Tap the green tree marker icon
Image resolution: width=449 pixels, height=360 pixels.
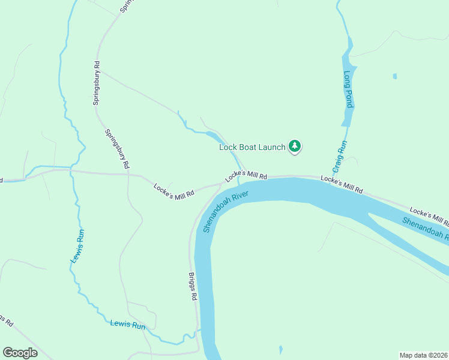pos(295,146)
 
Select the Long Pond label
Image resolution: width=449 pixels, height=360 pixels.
pos(348,90)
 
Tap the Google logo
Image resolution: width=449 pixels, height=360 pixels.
pos(20,353)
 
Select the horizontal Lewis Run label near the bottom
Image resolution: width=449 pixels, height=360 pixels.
pos(128,325)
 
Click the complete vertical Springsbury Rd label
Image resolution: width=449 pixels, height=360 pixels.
pos(96,83)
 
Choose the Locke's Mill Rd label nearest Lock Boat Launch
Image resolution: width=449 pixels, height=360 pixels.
pos(246,176)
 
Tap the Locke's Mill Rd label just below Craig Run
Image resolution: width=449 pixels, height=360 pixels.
pos(342,184)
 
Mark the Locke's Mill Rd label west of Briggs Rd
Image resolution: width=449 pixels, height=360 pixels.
pos(174,191)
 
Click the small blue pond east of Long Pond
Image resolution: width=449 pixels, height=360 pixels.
pos(394,76)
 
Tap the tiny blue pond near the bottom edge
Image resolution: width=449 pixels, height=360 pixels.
pos(280,349)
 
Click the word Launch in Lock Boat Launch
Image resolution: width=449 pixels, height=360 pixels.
pos(271,146)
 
